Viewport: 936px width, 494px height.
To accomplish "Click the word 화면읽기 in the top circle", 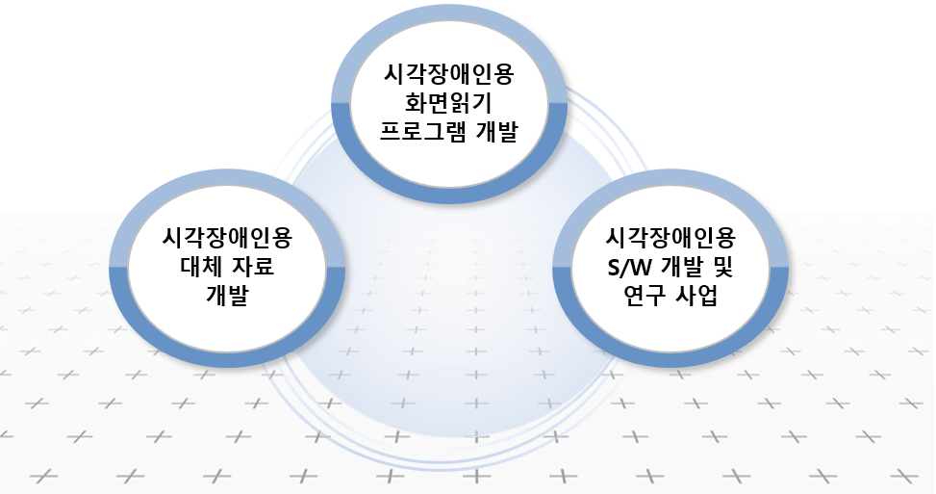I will [449, 102].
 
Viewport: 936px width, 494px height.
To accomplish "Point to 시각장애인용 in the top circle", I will [449, 72].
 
